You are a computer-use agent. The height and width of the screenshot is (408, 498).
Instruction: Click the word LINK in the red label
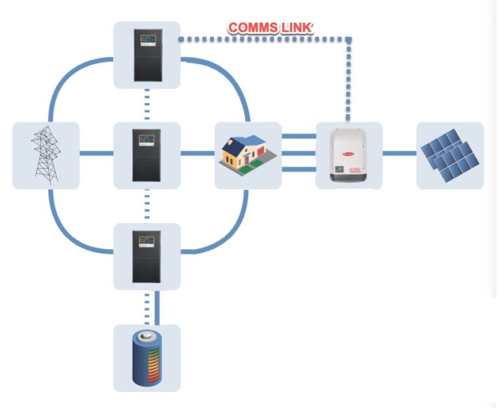297,28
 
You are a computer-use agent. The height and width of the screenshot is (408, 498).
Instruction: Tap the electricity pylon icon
46,154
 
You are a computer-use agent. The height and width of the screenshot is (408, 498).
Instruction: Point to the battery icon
147,357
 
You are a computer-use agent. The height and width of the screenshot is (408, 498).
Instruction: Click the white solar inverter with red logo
349,154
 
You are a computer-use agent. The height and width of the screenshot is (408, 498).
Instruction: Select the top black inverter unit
147,55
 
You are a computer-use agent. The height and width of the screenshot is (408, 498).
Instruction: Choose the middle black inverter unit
147,155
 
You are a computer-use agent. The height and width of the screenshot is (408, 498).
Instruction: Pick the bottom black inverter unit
147,256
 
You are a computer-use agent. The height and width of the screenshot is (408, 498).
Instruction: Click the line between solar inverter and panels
399,154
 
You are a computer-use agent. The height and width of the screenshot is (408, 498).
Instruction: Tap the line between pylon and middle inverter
96,154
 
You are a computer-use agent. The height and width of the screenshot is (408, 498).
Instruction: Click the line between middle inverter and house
197,154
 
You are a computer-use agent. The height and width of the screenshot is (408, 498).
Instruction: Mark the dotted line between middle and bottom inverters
147,205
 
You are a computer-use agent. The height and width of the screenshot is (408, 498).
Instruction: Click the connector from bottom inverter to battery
152,307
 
